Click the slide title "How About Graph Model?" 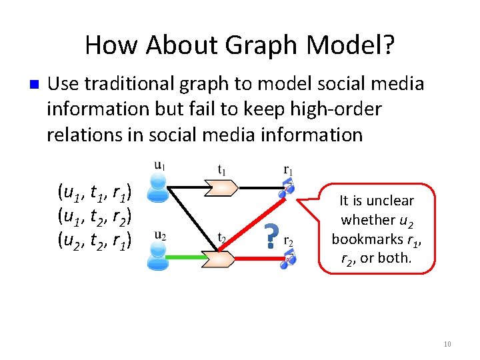(239, 45)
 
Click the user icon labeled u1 (157, 187)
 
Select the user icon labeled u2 (158, 257)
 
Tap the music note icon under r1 (287, 187)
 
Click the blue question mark (270, 237)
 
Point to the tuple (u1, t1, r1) (97, 193)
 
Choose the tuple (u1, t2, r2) (97, 216)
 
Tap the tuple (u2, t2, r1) (97, 239)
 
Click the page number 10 (447, 344)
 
